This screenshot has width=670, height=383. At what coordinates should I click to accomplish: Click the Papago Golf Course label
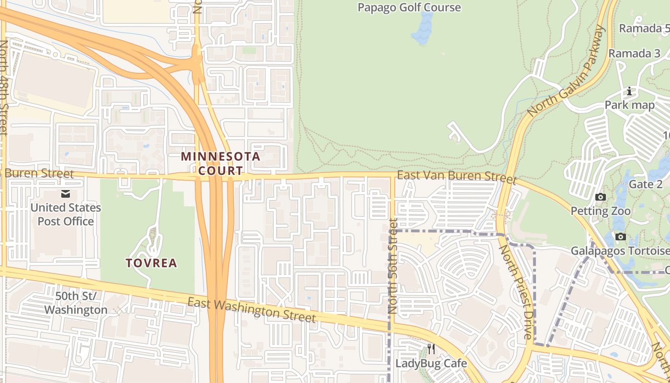click(x=409, y=8)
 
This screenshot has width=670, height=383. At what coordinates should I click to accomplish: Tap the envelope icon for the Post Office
click(x=65, y=194)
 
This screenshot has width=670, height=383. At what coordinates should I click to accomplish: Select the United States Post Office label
click(x=66, y=214)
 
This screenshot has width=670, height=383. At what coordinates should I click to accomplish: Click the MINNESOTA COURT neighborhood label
click(x=221, y=163)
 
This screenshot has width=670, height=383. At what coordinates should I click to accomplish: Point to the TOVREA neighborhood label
click(x=151, y=263)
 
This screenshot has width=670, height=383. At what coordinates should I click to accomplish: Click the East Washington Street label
click(x=252, y=310)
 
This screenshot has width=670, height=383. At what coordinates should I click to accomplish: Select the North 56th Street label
click(x=393, y=266)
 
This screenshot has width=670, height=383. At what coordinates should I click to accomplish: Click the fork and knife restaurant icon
click(x=431, y=349)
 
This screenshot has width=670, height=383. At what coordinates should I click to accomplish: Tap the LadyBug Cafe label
click(x=431, y=363)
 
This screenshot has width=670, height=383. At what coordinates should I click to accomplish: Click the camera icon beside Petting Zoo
click(x=600, y=197)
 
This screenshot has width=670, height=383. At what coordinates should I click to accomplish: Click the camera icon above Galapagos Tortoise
click(x=621, y=237)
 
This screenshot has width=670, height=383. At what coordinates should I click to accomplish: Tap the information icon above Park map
click(x=629, y=91)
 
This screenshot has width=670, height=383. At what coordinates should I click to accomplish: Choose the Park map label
click(x=629, y=105)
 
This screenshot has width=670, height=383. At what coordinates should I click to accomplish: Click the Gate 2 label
click(x=642, y=184)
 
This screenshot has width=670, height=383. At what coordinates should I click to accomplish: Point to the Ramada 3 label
click(x=634, y=53)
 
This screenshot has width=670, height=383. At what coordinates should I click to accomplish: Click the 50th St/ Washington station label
click(x=76, y=303)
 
